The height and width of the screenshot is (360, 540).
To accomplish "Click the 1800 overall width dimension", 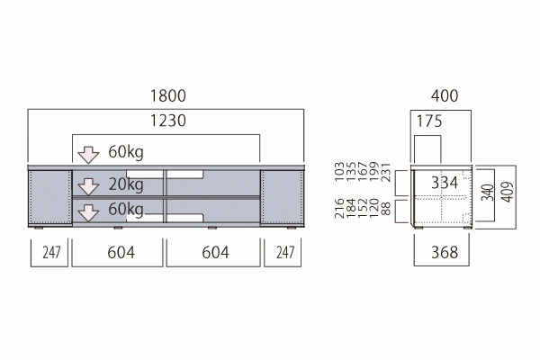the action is coord(168,95).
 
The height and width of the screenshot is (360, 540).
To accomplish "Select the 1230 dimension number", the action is coord(168,121).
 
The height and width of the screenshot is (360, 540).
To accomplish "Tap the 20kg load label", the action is coord(126,184).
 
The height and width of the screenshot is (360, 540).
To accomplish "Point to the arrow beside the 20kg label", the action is coord(88,186).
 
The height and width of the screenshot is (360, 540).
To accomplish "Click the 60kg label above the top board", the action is coord(126,151).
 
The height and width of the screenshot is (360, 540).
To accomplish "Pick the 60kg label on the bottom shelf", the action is coord(126,209).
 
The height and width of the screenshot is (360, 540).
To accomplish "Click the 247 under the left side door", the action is coord(51,253).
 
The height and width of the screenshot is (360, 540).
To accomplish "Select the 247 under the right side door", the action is coord(285,253).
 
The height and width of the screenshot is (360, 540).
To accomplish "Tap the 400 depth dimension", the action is coord(445,95).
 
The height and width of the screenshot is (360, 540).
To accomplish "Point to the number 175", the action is coord(429,121).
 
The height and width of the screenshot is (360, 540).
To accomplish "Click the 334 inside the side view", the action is coord(445,183).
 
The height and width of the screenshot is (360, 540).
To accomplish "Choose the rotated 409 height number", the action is coord(508,192).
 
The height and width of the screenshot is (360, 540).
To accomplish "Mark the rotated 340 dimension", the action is coord(488,193).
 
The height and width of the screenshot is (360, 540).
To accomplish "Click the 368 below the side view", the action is coord(445,253).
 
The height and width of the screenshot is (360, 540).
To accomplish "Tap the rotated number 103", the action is coord(339,172).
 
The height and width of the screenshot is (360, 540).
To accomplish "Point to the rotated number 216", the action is coord(339,208).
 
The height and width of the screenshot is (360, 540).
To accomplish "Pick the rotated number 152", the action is coord(363,208).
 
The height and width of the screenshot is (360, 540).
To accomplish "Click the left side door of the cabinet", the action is coord(49,198).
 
